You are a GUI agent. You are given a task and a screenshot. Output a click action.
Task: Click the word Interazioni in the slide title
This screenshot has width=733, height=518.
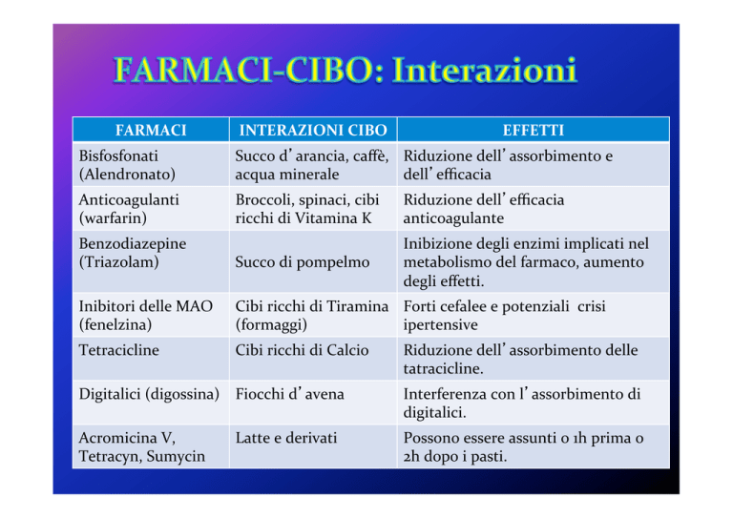[484, 70]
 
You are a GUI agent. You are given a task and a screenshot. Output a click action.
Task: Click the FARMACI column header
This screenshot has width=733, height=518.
[151, 130]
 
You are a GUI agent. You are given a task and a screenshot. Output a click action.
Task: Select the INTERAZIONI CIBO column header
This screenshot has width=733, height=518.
[313, 130]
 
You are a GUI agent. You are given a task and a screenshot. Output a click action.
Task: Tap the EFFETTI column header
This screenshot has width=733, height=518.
[534, 130]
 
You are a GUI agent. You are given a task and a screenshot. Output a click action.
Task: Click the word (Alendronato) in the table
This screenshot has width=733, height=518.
[127, 175]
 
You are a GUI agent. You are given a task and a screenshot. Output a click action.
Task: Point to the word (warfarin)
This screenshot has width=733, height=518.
[113, 218]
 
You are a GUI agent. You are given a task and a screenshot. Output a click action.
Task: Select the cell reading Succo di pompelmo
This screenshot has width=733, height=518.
[303, 262]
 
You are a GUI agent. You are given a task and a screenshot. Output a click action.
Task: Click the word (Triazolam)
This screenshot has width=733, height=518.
[118, 262]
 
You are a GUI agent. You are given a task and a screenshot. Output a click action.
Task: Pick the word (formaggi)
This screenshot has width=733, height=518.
[271, 324]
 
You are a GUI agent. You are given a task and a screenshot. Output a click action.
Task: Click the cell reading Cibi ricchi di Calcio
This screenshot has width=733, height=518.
[302, 350]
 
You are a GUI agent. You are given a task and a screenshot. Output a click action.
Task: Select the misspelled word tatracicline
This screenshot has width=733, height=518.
[443, 368]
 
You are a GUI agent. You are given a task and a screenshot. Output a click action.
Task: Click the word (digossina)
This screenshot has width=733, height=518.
[182, 394]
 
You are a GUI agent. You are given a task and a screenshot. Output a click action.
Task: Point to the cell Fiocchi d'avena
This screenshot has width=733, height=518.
[290, 394]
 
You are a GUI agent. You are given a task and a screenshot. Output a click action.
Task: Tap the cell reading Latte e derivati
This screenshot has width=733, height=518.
[286, 438]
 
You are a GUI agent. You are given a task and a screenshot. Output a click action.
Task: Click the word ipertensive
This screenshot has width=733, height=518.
[440, 324]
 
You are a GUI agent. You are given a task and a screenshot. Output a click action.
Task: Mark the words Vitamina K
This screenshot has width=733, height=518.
[333, 218]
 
